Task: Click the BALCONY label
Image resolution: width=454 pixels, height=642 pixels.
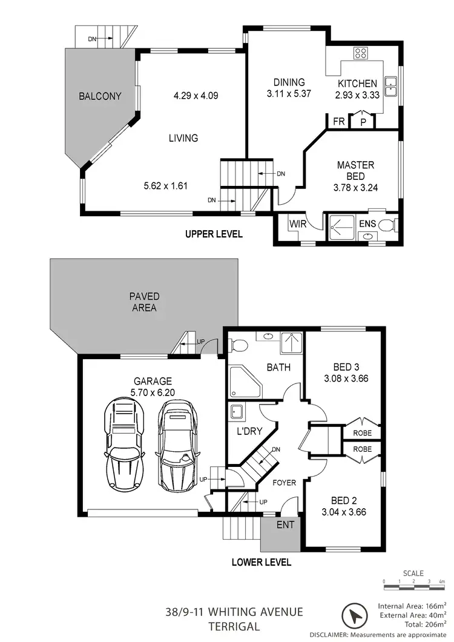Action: (x=100, y=96)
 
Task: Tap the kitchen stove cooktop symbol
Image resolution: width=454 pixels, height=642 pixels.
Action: (x=361, y=52)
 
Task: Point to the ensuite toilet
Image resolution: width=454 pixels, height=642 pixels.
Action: (x=387, y=225)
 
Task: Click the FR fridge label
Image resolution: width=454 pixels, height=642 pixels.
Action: (x=339, y=121)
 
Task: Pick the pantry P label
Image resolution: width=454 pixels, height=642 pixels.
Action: (x=363, y=122)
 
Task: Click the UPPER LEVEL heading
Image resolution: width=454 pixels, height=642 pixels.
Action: (x=214, y=234)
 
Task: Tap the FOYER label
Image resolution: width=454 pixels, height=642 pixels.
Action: (x=284, y=483)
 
